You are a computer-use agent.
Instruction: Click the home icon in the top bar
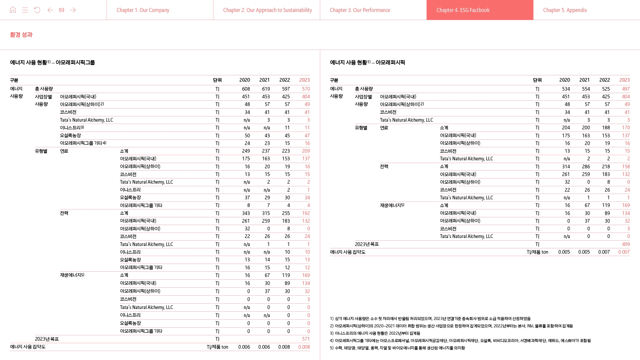(13, 10)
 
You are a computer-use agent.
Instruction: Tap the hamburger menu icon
(25, 10)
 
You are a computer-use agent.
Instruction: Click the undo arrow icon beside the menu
(37, 10)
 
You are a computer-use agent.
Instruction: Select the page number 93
(61, 10)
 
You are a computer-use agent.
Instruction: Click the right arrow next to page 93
(73, 10)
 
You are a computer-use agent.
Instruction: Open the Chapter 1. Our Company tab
(143, 10)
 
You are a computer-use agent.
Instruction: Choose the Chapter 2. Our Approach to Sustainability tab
(267, 10)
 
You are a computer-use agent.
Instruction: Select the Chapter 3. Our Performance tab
(360, 10)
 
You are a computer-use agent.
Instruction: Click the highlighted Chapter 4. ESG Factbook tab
(463, 10)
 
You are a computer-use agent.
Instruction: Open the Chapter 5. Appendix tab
(565, 10)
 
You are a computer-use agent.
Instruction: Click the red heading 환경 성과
(21, 35)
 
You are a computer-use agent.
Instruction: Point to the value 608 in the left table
(246, 89)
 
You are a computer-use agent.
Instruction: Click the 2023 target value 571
(306, 339)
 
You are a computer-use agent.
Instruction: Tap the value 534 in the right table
(566, 89)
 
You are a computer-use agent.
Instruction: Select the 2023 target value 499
(626, 244)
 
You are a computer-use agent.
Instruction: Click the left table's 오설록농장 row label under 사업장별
(70, 136)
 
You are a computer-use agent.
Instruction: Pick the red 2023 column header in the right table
(624, 80)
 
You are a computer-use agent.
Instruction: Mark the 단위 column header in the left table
(217, 80)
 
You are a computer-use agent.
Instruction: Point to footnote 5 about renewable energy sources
(397, 348)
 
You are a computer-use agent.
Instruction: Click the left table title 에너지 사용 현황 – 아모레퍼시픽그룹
(52, 62)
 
